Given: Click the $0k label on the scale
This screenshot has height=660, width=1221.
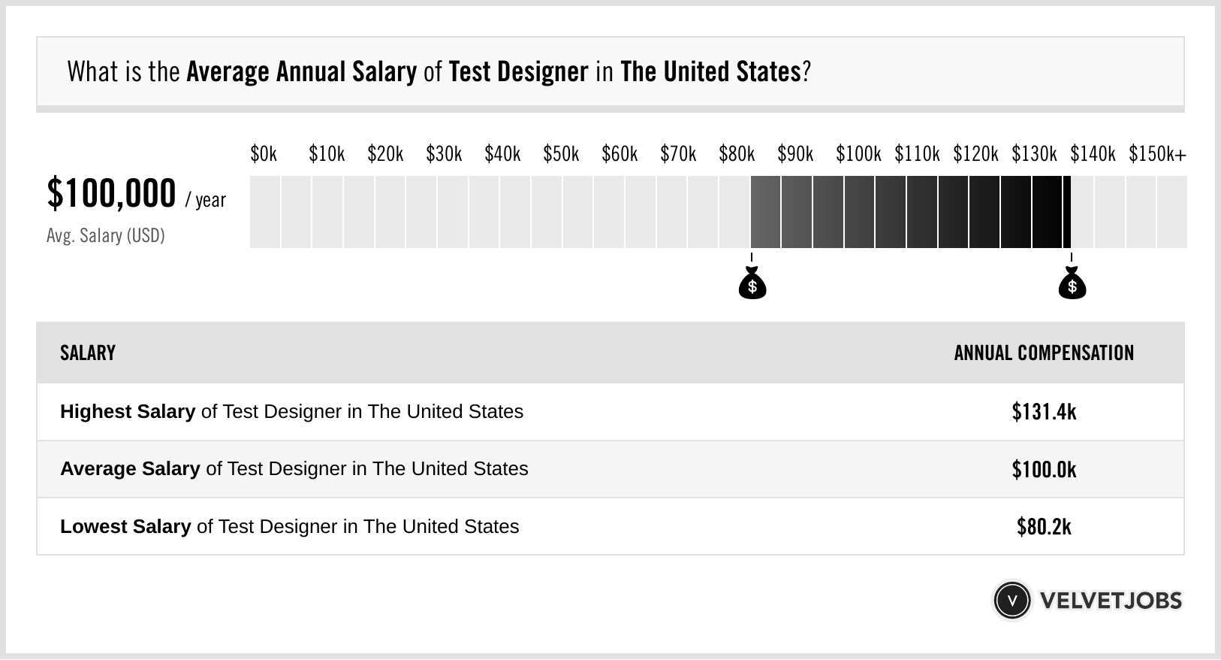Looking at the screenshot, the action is [x=264, y=154].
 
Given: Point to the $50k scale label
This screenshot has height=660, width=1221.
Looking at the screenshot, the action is [x=561, y=154].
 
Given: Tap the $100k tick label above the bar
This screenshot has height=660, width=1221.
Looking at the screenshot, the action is [x=858, y=154].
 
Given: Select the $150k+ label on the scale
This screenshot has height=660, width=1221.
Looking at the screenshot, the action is [x=1157, y=154].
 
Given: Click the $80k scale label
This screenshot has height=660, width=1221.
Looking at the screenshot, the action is [x=737, y=154].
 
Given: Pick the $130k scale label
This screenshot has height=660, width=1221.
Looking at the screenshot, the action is [x=1034, y=154].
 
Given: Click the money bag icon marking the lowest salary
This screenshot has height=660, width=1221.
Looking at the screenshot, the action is [x=752, y=283].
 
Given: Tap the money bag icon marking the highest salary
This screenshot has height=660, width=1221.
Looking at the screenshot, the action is [x=1072, y=283].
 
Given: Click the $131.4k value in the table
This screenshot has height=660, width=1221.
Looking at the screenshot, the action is [x=1044, y=412].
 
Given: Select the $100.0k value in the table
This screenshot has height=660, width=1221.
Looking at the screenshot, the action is [x=1044, y=469].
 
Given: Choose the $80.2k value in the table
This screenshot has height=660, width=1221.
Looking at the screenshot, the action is [x=1044, y=527].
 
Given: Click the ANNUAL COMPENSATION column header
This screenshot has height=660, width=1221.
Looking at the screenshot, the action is [x=1044, y=353].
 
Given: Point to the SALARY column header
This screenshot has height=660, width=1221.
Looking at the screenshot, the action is [x=88, y=353].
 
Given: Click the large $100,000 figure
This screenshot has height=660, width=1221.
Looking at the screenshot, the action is [x=111, y=193].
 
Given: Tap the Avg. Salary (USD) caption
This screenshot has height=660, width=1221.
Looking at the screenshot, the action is [x=105, y=235].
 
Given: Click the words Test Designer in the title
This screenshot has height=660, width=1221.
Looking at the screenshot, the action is [x=518, y=71].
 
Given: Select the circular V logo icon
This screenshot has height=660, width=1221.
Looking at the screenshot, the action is [x=1012, y=601].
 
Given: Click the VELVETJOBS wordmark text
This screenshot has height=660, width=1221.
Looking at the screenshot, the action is [x=1111, y=601].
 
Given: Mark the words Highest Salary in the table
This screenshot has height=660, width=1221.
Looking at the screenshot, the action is [x=128, y=412].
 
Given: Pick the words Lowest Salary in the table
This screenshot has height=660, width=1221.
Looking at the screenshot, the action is [x=125, y=526].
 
